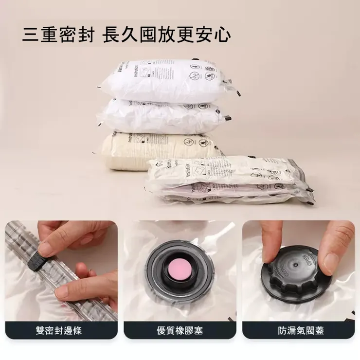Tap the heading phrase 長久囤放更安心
[x=167, y=35]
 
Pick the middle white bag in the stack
[x=161, y=116]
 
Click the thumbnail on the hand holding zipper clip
[x=45, y=249]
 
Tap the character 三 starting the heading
[x=30, y=35]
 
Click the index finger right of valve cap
[x=338, y=253]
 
